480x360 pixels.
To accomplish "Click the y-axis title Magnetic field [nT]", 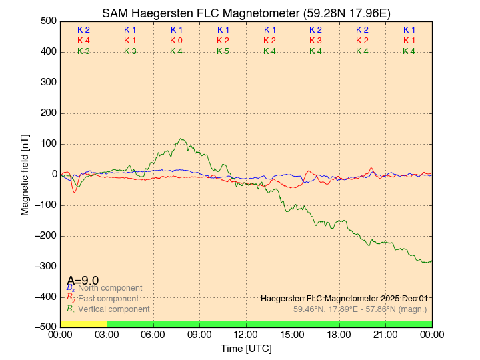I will point(25,173).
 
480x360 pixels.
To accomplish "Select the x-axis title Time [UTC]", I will point(246,349).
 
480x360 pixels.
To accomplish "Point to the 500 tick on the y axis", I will point(47,21).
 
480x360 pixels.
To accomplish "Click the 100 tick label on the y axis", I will point(47,143).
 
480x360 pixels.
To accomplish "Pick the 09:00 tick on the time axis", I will point(199,334).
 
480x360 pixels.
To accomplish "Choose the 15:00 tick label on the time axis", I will point(293,334).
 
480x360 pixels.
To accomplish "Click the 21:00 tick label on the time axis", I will point(385,334).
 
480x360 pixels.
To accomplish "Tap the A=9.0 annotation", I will point(83,281).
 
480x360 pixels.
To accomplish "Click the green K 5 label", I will point(223,51).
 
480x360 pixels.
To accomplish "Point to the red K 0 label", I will point(176,41).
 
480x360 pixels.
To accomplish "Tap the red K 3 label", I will point(315,41).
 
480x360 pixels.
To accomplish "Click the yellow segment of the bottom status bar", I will point(83,324).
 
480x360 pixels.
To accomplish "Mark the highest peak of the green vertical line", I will point(181,139).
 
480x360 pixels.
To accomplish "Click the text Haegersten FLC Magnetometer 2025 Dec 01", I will point(344,298).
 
